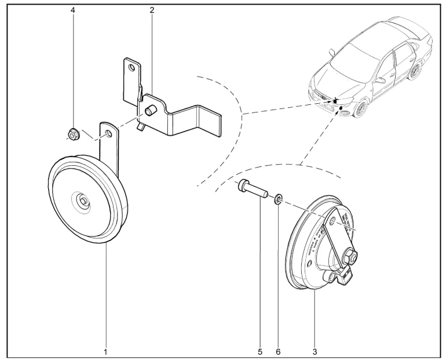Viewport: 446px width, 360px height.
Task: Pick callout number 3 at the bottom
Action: [x=315, y=351]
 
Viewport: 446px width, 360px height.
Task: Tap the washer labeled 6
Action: [x=279, y=200]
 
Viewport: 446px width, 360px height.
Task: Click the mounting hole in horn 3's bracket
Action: [x=332, y=221]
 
